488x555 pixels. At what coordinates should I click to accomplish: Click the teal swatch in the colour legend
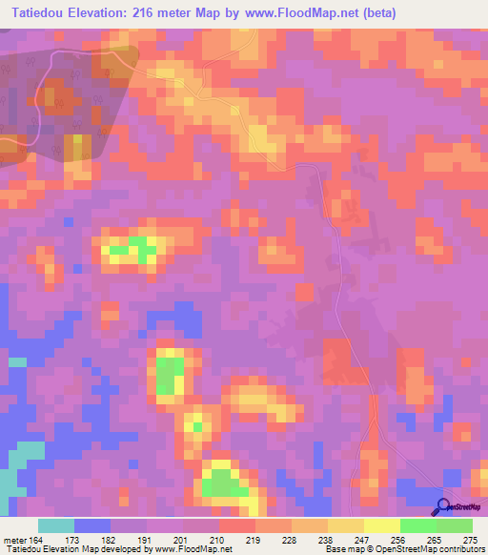tap(56, 525)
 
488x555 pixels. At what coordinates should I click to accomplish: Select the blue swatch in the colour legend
tap(92, 525)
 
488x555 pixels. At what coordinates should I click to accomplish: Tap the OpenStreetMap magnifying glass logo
tap(444, 506)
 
